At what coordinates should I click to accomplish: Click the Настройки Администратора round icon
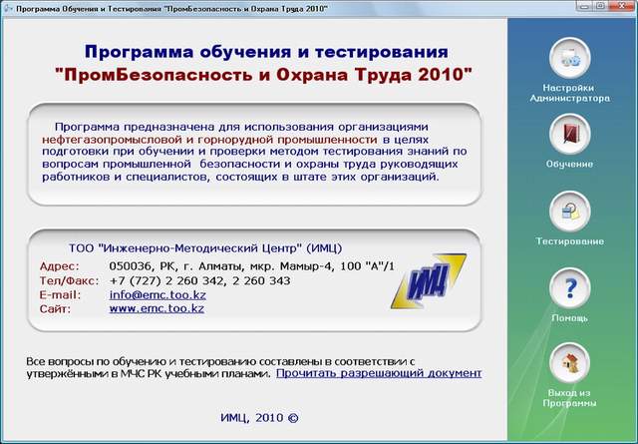[569, 58]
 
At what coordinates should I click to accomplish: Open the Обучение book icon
[569, 134]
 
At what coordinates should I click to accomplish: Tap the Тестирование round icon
[569, 212]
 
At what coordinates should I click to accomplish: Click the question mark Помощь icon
[569, 288]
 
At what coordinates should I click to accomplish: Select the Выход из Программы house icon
[569, 363]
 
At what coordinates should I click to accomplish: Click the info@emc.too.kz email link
[158, 294]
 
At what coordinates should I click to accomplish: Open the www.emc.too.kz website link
[157, 308]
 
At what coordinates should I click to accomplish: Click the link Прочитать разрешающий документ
[379, 373]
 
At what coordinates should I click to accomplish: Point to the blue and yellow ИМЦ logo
[429, 281]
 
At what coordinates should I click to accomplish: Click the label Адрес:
[60, 266]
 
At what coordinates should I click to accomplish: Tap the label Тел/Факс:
[69, 280]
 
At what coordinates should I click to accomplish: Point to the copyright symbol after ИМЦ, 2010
[293, 418]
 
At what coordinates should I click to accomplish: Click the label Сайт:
[55, 308]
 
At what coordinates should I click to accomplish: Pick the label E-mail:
[60, 294]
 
